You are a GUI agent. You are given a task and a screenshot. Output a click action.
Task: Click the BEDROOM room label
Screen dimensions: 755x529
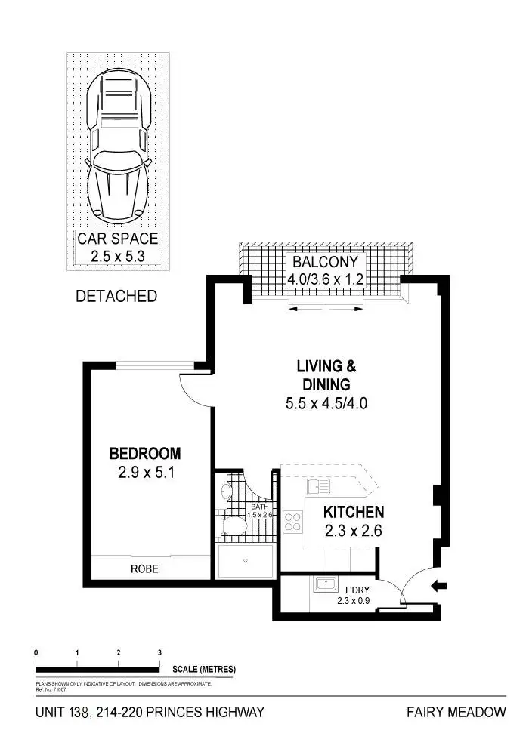145,454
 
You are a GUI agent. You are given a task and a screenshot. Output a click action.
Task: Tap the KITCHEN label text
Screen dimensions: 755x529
354,512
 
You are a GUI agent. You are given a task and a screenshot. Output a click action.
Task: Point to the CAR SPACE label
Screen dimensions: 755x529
118,239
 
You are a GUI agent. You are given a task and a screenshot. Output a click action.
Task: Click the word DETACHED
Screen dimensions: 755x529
116,297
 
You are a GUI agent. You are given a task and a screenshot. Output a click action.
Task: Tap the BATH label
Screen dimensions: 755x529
259,507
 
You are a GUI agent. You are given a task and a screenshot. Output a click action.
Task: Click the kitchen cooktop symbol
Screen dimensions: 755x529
292,522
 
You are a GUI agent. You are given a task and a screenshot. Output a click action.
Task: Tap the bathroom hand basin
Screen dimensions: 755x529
225,492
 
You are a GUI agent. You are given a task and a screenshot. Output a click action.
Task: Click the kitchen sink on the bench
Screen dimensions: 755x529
317,488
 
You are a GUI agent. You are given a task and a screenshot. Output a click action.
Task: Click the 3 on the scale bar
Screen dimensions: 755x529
159,652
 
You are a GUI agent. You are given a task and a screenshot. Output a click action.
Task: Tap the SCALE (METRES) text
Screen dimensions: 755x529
203,669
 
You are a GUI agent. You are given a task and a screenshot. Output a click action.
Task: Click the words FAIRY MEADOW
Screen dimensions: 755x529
456,712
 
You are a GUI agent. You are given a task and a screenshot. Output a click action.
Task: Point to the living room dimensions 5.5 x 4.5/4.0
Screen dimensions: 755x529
326,404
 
